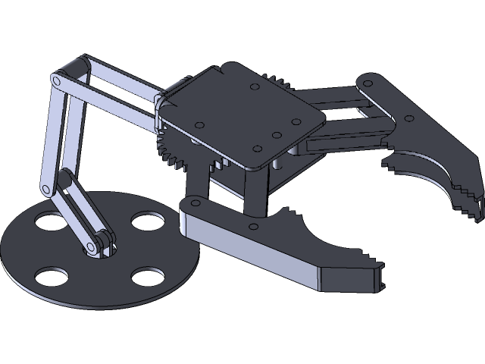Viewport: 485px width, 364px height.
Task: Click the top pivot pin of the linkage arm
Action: [57, 80]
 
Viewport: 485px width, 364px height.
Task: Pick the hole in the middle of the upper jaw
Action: [409, 119]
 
